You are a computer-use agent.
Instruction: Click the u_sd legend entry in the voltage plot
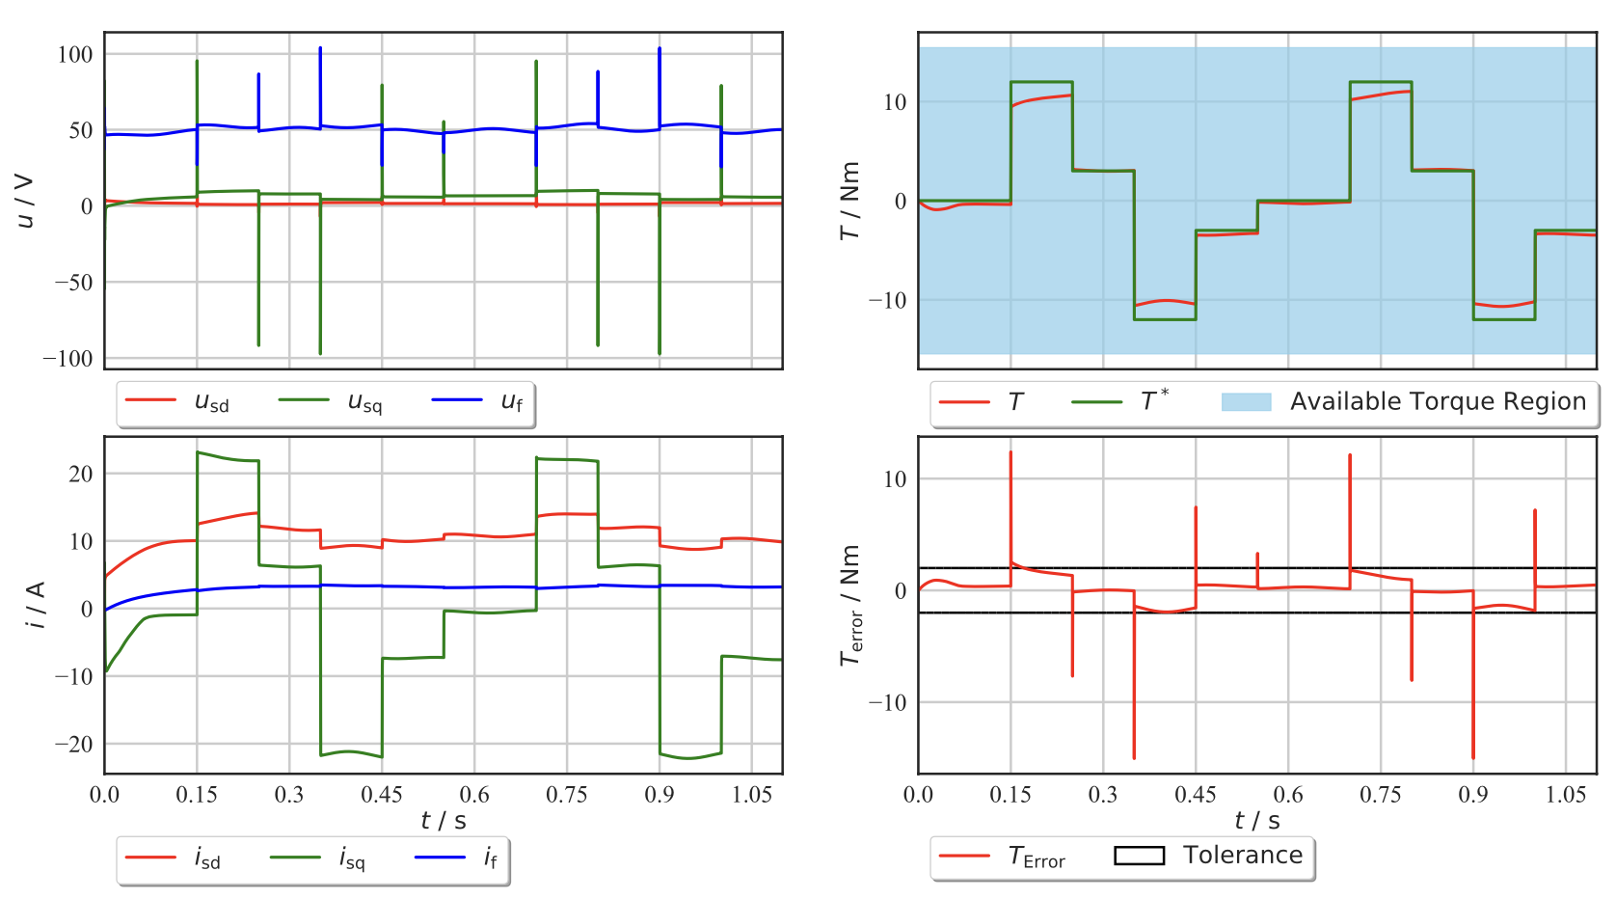click(x=211, y=402)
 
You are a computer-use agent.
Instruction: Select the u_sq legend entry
click(x=364, y=402)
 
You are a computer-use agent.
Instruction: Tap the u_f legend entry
click(x=511, y=401)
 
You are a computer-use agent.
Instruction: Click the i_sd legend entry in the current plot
click(x=207, y=858)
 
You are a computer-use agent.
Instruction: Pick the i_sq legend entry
click(x=352, y=858)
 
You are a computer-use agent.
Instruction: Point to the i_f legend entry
click(x=491, y=858)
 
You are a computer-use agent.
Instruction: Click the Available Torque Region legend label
click(x=1438, y=401)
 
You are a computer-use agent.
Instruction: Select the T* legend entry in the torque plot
click(x=1154, y=401)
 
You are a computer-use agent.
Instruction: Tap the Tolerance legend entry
click(x=1243, y=856)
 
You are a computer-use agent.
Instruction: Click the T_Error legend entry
click(x=1037, y=857)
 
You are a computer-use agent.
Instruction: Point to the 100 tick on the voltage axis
click(x=75, y=54)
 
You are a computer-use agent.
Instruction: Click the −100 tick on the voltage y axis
click(x=67, y=359)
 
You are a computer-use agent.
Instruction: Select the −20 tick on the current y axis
click(x=73, y=744)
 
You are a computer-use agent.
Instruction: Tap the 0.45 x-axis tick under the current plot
click(x=382, y=795)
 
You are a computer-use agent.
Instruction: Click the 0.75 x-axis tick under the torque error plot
click(x=1380, y=795)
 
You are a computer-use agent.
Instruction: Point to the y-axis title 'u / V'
click(x=25, y=201)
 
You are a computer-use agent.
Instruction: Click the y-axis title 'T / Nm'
click(x=849, y=201)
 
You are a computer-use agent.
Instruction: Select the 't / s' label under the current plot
click(x=444, y=821)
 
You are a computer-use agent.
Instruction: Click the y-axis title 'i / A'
click(x=35, y=605)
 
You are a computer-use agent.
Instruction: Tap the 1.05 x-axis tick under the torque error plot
click(x=1566, y=795)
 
